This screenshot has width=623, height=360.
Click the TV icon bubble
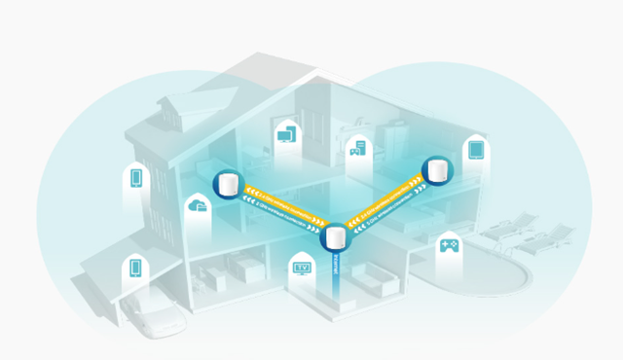click(x=302, y=265)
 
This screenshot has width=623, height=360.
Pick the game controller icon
click(x=450, y=245)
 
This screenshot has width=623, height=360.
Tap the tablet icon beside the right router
click(x=476, y=151)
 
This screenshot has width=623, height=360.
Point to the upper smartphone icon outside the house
click(x=137, y=179)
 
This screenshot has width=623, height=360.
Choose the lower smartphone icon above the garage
click(x=136, y=270)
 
